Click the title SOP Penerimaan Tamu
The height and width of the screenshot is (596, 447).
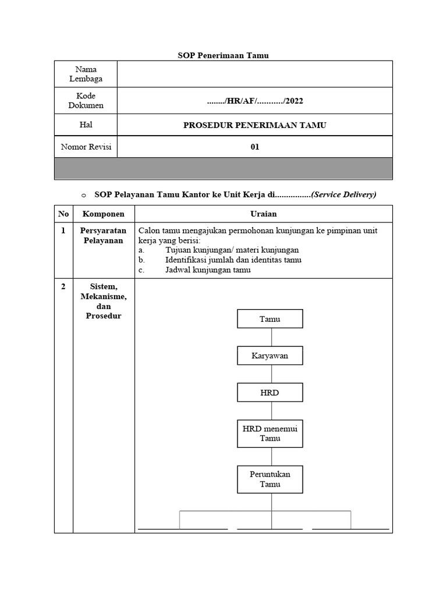(x=223, y=55)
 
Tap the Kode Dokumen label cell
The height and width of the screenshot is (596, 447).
(x=86, y=101)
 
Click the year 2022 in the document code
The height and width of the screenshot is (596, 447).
(x=294, y=101)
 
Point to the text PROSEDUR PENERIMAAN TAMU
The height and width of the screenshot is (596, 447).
(x=254, y=125)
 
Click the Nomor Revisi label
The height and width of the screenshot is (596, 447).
(x=86, y=147)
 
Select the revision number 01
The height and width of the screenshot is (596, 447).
(x=254, y=147)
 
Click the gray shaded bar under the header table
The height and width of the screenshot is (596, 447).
(x=223, y=168)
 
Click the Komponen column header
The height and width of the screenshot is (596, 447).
(x=103, y=214)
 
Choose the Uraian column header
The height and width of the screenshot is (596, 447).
(x=263, y=214)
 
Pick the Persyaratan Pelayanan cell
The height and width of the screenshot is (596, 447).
(x=103, y=236)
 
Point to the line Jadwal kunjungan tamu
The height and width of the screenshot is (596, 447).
(x=208, y=270)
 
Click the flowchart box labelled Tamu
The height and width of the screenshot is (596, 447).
(x=269, y=319)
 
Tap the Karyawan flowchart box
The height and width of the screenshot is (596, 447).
(x=269, y=356)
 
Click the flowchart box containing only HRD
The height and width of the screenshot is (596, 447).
(x=269, y=392)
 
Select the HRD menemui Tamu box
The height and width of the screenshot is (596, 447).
(x=269, y=434)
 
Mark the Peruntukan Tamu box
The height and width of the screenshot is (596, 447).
(x=269, y=479)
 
